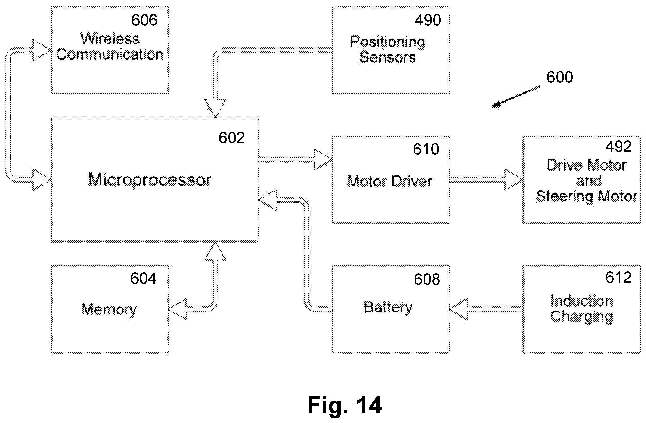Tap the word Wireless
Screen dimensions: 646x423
(110, 38)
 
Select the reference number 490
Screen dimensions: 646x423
(428, 20)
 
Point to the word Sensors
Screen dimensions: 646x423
(388, 57)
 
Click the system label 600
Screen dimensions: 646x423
(560, 77)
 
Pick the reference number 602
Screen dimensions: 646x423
(231, 138)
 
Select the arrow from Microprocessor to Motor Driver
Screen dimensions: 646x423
(296, 159)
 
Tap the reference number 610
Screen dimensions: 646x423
(426, 149)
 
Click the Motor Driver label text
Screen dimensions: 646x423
(390, 181)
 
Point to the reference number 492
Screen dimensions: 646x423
(618, 147)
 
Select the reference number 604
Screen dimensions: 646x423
(143, 278)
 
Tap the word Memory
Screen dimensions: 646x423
(109, 309)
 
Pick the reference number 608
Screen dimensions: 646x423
(427, 279)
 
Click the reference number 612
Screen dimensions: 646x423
(618, 278)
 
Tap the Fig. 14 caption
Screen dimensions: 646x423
(345, 405)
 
